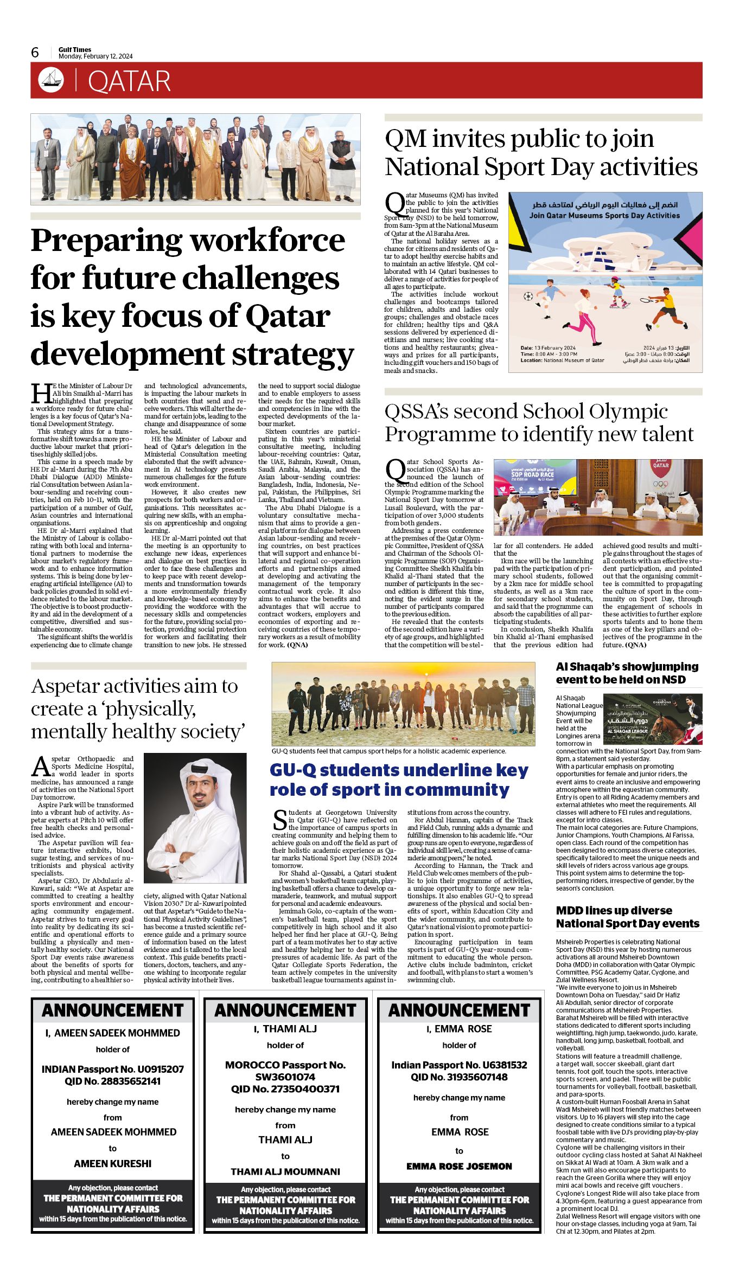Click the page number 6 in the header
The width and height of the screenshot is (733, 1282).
click(35, 52)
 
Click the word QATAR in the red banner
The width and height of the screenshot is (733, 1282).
click(129, 81)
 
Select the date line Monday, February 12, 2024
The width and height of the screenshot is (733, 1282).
click(95, 56)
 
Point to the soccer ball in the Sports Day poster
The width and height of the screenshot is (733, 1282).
click(528, 297)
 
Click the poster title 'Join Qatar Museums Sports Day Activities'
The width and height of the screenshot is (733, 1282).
click(604, 215)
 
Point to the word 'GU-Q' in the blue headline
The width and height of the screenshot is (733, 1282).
click(295, 770)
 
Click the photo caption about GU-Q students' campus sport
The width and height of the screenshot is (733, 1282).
click(388, 751)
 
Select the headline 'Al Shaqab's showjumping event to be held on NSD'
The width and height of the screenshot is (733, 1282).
click(627, 673)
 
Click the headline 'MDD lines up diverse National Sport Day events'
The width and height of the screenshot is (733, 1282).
click(627, 917)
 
